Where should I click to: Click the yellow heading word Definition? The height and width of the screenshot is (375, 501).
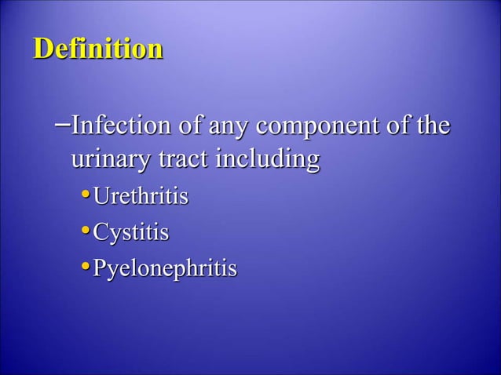point(98,49)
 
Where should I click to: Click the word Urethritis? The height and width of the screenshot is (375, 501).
point(141,195)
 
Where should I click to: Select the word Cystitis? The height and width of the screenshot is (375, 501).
point(131,232)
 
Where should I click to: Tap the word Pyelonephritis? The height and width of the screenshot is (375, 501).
point(165,269)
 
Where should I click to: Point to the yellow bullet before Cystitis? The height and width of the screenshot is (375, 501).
point(86,231)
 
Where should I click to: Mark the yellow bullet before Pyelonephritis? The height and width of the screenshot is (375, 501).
point(86,268)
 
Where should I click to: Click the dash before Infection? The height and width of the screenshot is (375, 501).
point(62,123)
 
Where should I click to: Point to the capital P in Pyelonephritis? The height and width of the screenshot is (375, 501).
point(100,268)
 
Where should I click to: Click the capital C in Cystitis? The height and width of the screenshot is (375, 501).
point(101,232)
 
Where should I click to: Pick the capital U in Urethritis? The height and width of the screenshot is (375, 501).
point(101,195)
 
